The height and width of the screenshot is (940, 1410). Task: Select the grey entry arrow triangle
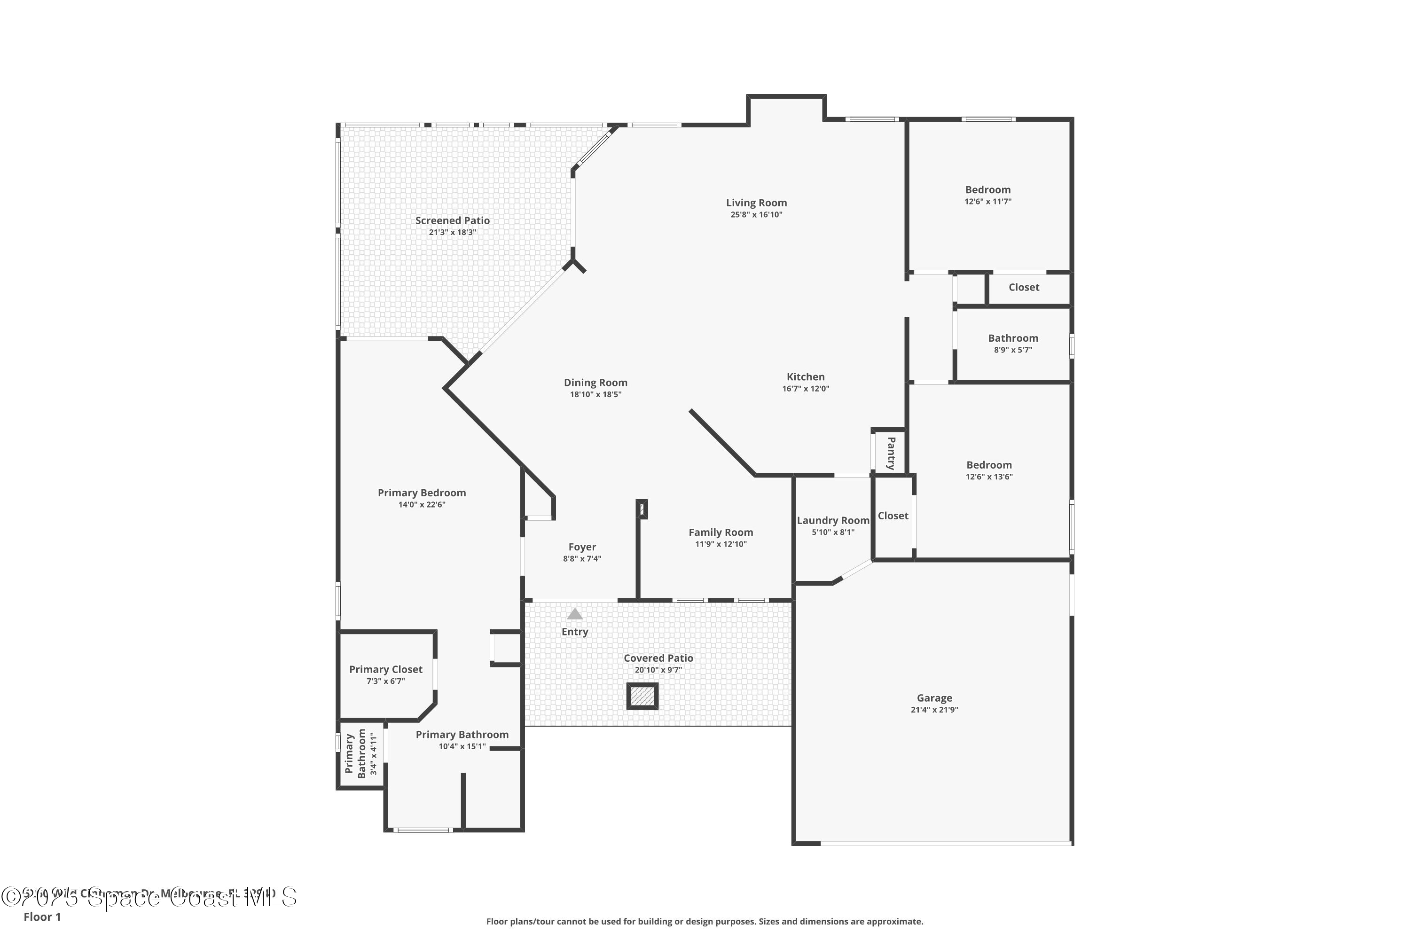(x=575, y=614)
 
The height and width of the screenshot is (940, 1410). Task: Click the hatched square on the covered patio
(x=642, y=696)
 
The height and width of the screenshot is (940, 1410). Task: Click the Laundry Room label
(x=833, y=520)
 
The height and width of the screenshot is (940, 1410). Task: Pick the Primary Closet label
(x=385, y=669)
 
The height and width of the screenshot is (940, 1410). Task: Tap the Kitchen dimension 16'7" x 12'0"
(x=805, y=389)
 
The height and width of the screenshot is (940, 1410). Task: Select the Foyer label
(x=582, y=547)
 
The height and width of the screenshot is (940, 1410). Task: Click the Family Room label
(x=721, y=533)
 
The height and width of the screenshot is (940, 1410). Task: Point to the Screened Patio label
(x=452, y=220)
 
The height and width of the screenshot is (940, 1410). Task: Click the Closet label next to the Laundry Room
(x=893, y=516)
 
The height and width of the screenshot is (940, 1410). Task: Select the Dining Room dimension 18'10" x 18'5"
(x=595, y=394)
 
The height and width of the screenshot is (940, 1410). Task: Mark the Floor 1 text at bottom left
(x=42, y=916)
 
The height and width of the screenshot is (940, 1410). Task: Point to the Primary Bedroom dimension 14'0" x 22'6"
(x=422, y=505)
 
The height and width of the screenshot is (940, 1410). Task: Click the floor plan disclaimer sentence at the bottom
(x=705, y=921)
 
